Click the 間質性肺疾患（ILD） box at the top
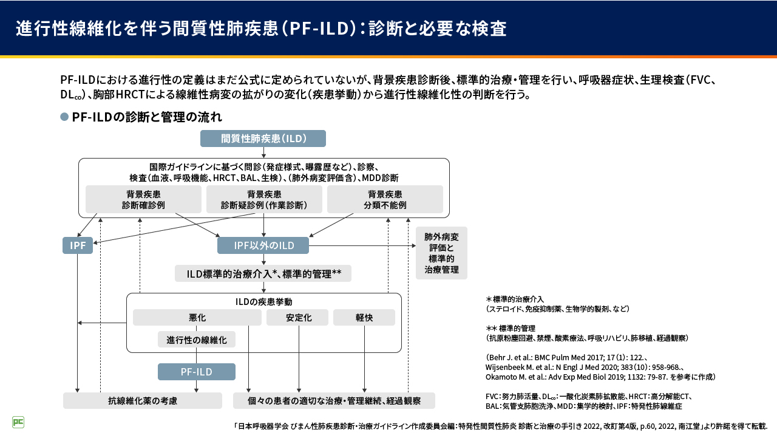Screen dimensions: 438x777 point(263,139)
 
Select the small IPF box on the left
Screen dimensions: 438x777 point(78,245)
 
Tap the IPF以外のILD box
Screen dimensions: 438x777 point(263,245)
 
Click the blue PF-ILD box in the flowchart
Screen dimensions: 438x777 point(196,372)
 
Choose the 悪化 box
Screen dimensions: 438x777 point(197,318)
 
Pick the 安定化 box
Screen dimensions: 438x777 point(297,318)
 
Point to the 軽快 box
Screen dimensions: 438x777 point(364,318)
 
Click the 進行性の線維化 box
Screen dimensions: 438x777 point(196,340)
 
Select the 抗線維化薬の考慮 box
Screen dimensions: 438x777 point(143,401)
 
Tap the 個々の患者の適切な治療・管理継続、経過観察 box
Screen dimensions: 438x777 point(334,401)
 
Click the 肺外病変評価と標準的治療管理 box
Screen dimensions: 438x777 point(441,253)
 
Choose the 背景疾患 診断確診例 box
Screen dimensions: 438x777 point(143,199)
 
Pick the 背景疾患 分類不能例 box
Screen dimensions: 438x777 point(385,199)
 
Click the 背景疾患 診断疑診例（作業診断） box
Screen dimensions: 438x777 point(264,199)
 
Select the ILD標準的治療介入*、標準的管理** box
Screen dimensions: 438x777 point(263,273)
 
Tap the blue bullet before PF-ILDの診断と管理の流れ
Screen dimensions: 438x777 point(64,117)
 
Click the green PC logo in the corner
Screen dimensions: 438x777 point(18,422)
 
